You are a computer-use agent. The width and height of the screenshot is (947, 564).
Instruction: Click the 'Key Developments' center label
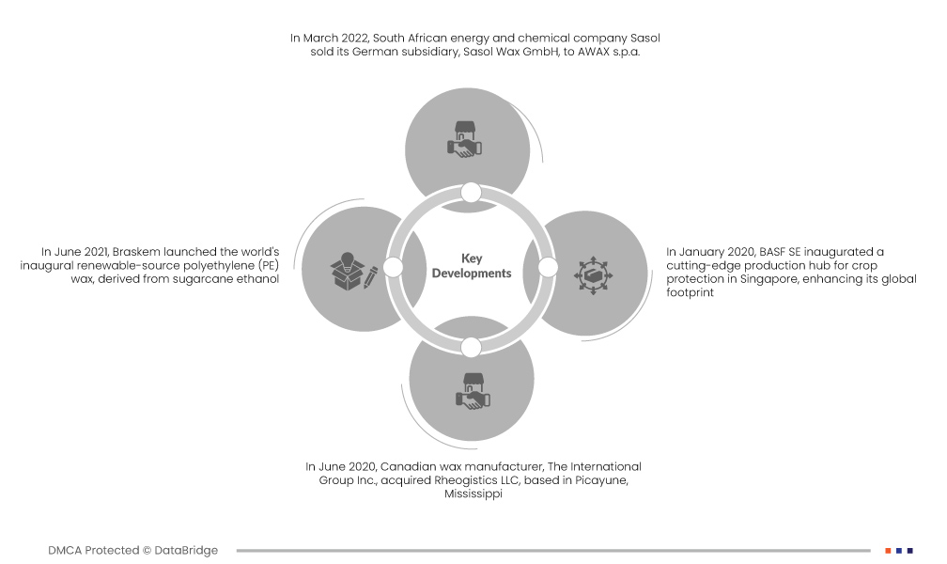point(472,266)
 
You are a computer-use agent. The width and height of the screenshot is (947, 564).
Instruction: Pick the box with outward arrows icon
point(593,274)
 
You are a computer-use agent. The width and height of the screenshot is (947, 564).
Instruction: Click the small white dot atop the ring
point(472,193)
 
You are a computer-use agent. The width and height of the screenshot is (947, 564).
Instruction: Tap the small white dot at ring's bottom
point(472,347)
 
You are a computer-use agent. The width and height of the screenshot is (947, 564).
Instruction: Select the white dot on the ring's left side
point(394,268)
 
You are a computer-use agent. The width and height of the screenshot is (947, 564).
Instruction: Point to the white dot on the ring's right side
point(547,268)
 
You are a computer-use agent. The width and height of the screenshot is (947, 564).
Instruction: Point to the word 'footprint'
point(691,292)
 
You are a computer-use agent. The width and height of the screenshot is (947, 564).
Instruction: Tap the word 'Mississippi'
point(473,494)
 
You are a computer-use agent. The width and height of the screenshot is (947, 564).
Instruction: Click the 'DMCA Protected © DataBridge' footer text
point(133,550)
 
